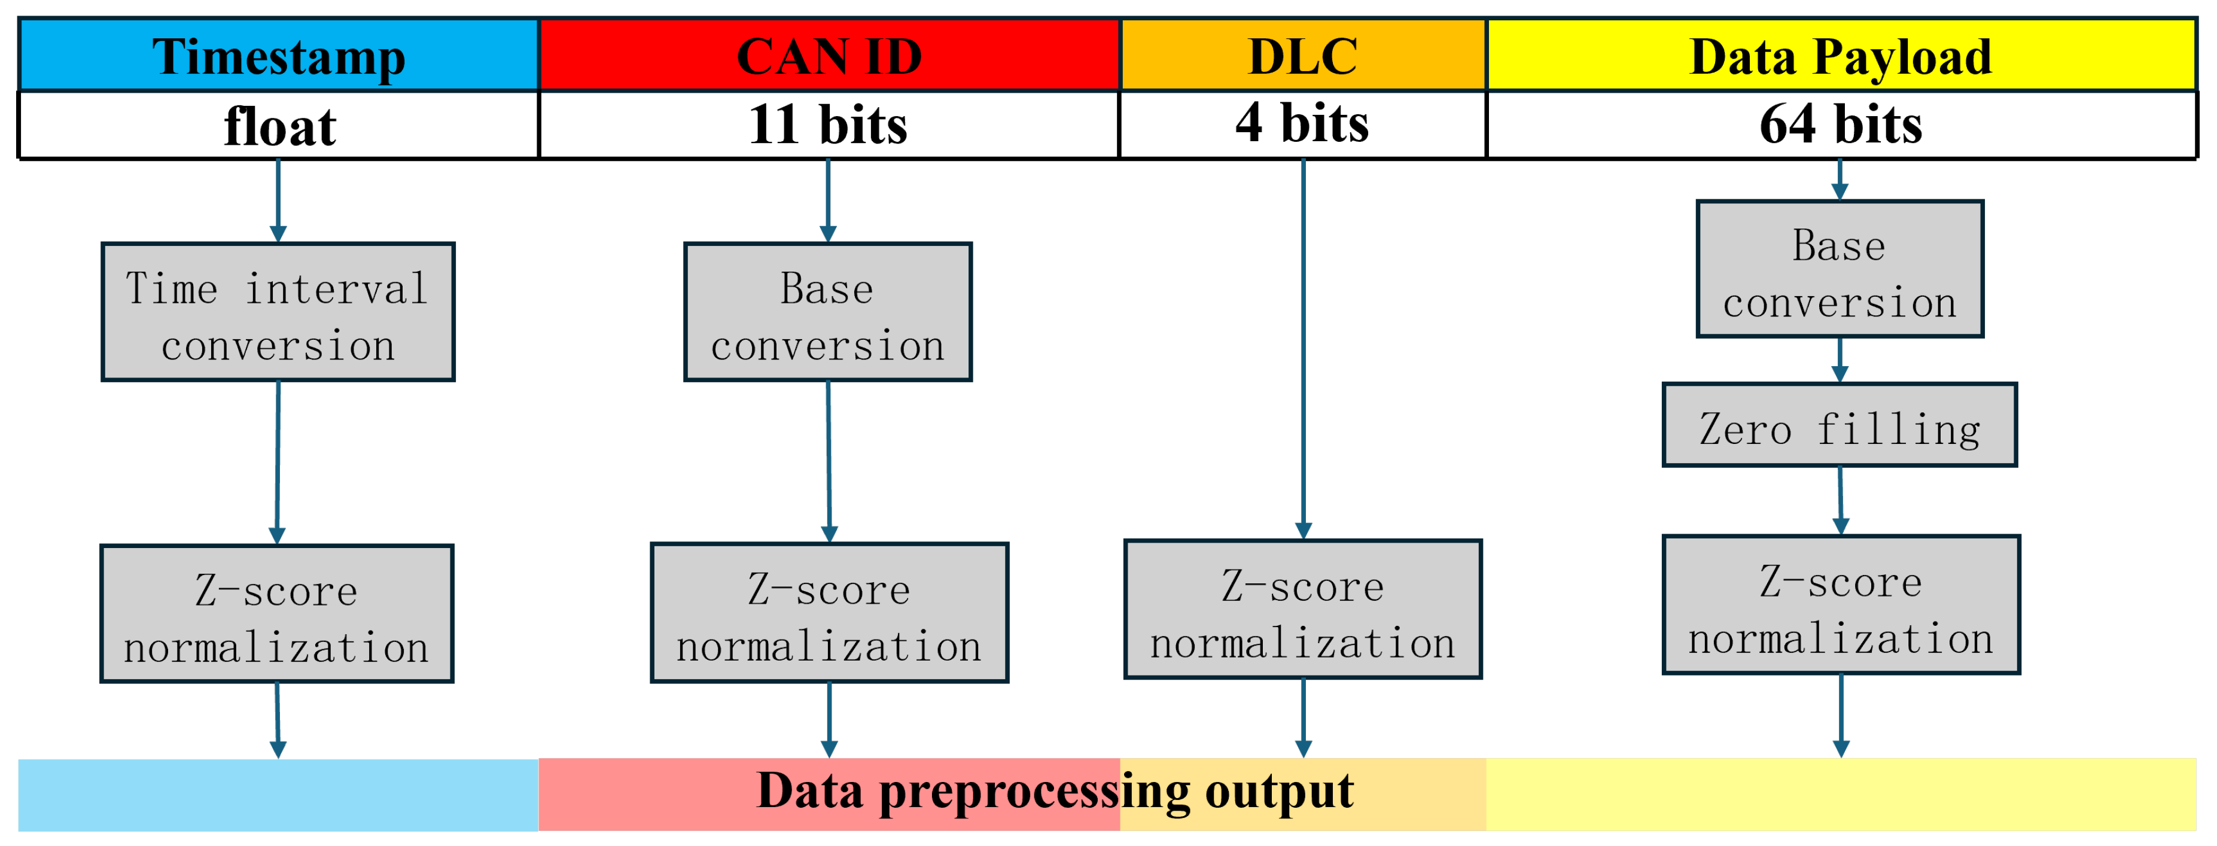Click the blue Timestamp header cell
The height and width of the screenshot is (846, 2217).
click(278, 56)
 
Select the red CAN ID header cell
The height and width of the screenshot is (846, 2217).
click(829, 56)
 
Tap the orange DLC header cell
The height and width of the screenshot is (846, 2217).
click(1302, 56)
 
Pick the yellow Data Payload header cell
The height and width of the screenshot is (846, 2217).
click(1841, 56)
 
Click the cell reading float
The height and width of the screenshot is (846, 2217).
click(278, 126)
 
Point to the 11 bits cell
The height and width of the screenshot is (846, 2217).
click(828, 125)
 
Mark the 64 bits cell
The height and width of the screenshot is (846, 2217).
click(1841, 125)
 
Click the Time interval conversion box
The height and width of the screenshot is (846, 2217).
click(278, 312)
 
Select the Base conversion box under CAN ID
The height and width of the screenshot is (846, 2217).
click(828, 312)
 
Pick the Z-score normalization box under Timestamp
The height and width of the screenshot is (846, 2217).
click(276, 614)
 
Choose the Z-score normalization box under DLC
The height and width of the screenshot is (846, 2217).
click(1303, 609)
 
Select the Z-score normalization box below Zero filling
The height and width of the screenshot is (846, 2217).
click(1841, 605)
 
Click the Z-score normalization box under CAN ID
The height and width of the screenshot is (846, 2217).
click(829, 613)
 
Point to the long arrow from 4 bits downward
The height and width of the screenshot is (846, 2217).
click(1304, 344)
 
